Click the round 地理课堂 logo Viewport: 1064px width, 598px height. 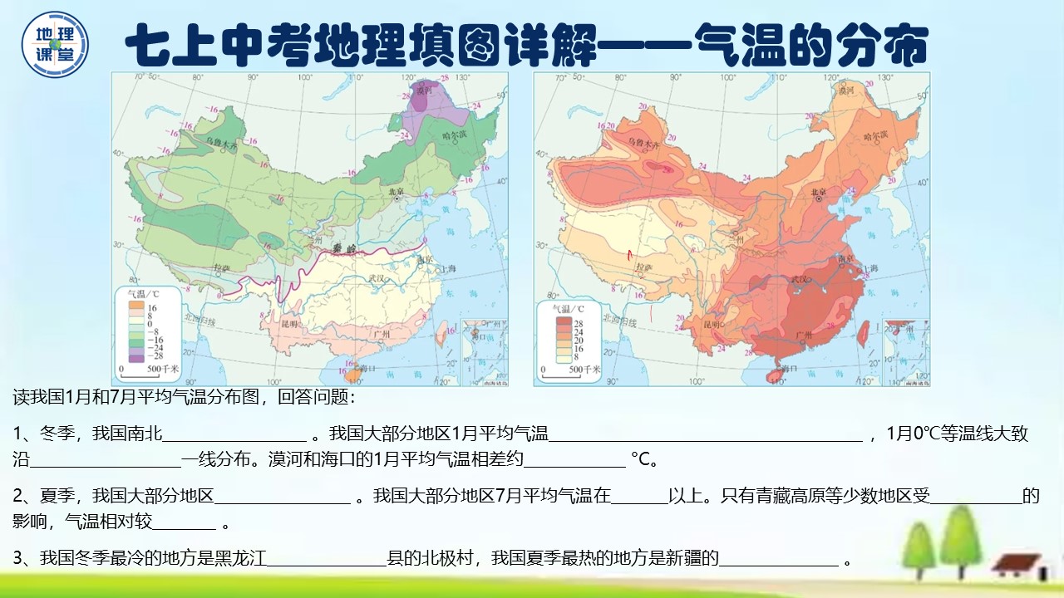[x=55, y=43]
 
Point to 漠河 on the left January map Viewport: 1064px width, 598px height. [x=426, y=90]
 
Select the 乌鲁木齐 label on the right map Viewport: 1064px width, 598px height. [x=642, y=143]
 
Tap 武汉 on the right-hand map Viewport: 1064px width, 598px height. [x=800, y=278]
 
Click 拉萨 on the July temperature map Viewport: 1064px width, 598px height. [x=643, y=267]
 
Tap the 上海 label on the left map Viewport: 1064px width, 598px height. [x=449, y=269]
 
